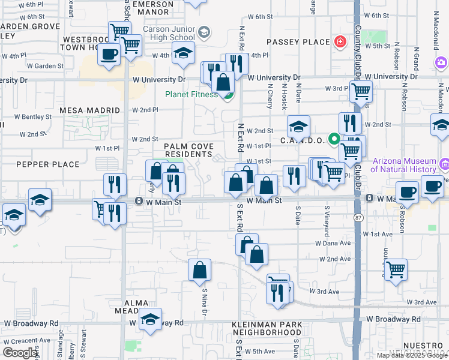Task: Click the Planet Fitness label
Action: (191, 94)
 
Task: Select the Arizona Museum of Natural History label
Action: (404, 165)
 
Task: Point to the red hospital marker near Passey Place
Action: (340, 41)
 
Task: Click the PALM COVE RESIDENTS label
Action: (189, 151)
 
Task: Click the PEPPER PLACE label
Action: (48, 164)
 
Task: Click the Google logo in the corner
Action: (20, 353)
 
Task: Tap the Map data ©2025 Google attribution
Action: (411, 355)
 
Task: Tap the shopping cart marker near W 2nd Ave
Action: (396, 269)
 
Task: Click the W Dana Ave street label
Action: (333, 244)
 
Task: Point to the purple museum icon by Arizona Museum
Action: (444, 163)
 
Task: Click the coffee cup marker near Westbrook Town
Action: (109, 55)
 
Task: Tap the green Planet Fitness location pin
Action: (228, 96)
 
